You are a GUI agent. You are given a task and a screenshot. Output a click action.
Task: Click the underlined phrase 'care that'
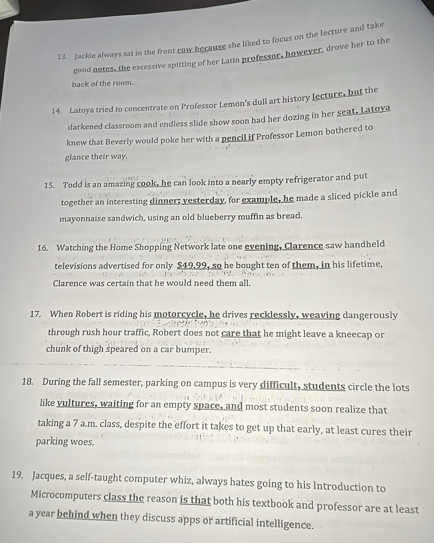tap(241, 333)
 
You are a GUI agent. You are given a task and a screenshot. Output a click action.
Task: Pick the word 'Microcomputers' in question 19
tap(66, 496)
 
